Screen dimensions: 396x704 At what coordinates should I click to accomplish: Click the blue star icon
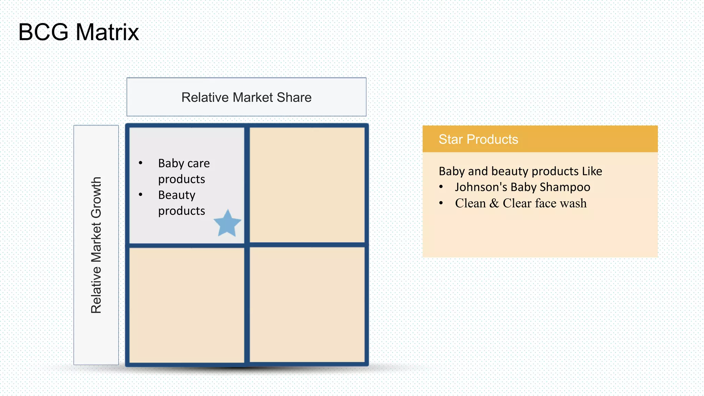(x=227, y=224)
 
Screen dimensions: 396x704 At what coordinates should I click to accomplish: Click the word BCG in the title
(x=43, y=32)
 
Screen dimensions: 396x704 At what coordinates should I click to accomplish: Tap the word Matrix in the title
(x=107, y=32)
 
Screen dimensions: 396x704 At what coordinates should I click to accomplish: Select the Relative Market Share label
(x=246, y=97)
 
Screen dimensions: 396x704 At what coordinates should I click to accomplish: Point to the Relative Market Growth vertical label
(x=96, y=245)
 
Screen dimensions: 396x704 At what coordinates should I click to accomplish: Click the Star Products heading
(x=478, y=139)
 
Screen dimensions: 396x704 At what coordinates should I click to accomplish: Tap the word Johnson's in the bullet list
(x=481, y=187)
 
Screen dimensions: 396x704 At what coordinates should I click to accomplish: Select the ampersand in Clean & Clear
(x=494, y=203)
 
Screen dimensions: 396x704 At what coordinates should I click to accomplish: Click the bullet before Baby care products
(x=141, y=163)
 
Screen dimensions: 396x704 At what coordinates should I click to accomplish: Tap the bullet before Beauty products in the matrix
(x=141, y=195)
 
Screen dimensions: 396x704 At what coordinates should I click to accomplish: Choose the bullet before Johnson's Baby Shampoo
(x=441, y=187)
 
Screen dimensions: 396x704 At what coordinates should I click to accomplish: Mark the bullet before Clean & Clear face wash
(x=441, y=203)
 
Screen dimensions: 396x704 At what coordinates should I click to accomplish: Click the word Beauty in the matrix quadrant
(x=177, y=195)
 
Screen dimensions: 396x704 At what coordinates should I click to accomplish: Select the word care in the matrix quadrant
(x=199, y=163)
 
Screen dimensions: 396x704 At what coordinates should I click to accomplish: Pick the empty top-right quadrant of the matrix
(x=307, y=185)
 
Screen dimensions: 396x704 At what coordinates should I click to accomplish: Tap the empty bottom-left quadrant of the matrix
(x=187, y=305)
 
